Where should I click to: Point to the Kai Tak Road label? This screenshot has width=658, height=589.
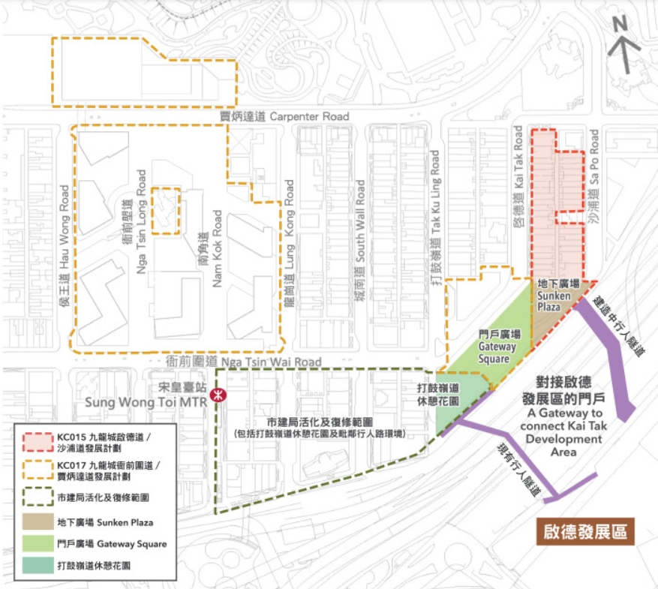tap(518, 176)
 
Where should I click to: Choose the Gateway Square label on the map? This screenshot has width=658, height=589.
tap(497, 346)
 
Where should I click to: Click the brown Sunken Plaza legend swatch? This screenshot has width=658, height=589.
tap(36, 520)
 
